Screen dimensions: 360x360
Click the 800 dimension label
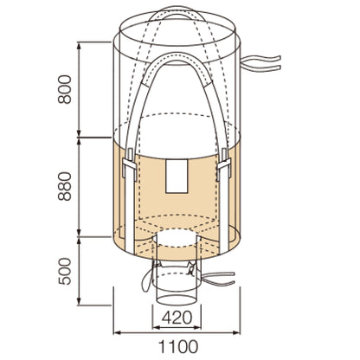64,89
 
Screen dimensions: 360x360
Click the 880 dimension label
64,186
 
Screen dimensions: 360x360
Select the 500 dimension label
64,271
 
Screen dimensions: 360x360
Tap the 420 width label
177,318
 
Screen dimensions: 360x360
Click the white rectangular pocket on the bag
177,177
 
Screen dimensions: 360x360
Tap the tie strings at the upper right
260,63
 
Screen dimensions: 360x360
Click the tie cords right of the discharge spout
218,279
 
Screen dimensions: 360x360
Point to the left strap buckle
129,164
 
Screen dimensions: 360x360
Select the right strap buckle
224,164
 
